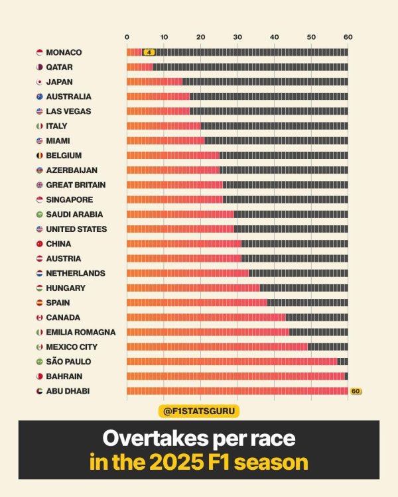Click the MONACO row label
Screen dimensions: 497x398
(x=64, y=52)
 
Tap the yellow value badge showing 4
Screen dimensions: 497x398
(x=149, y=52)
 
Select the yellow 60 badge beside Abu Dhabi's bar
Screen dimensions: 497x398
(x=356, y=391)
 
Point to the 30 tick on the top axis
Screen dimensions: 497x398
(x=237, y=37)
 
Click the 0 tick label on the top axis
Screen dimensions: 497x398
(x=127, y=37)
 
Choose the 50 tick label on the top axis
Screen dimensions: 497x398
(x=310, y=37)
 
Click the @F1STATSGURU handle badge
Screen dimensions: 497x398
(x=199, y=412)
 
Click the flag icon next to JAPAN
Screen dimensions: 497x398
(x=40, y=82)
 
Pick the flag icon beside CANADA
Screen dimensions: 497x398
(x=40, y=317)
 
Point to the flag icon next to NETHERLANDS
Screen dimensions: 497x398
(x=40, y=273)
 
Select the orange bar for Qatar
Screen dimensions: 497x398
(x=139, y=67)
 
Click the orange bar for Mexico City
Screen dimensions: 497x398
(x=217, y=347)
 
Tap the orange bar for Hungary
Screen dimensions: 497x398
(x=193, y=288)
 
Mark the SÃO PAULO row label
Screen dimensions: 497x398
(x=68, y=362)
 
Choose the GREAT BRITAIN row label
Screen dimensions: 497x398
(x=76, y=185)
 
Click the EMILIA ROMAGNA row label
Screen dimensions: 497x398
(x=81, y=332)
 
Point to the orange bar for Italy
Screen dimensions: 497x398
(x=164, y=126)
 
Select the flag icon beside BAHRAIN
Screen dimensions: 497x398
(x=40, y=376)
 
